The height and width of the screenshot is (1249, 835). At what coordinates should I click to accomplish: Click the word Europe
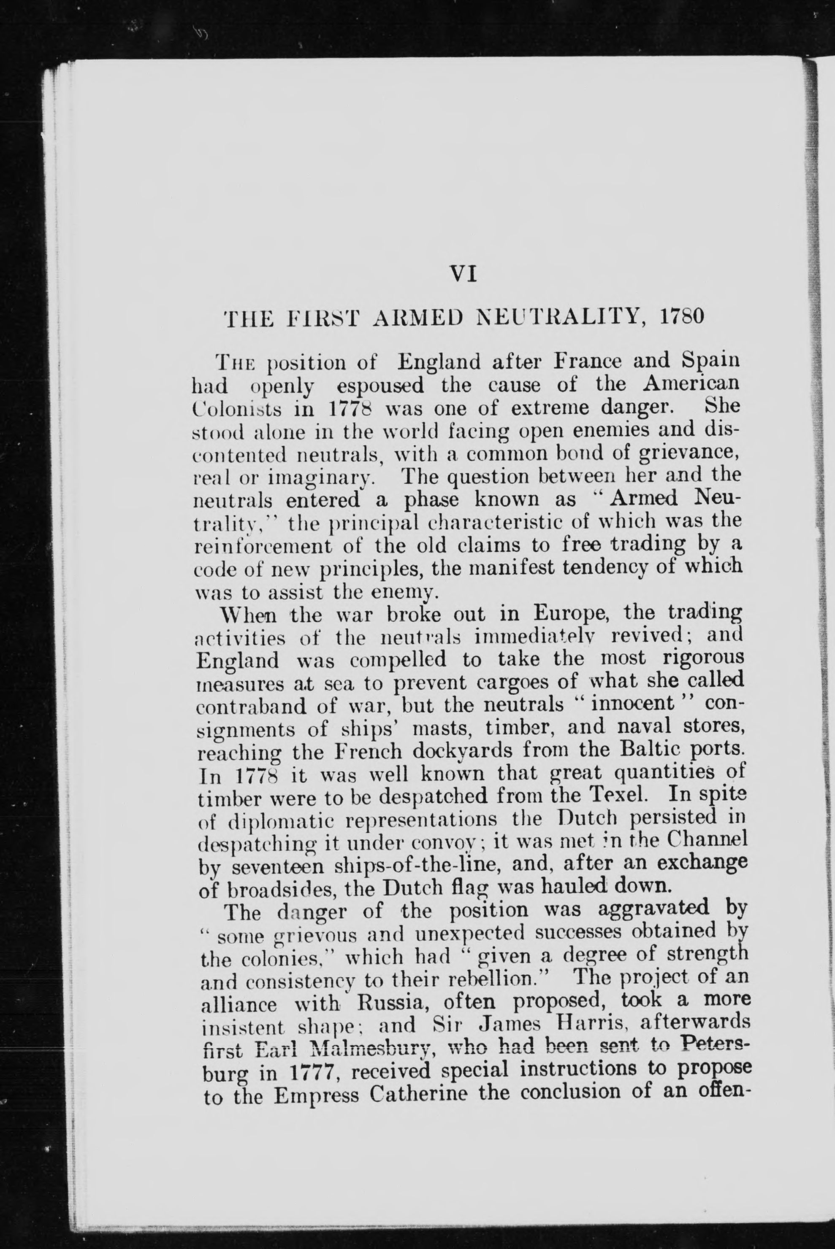tap(564, 617)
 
